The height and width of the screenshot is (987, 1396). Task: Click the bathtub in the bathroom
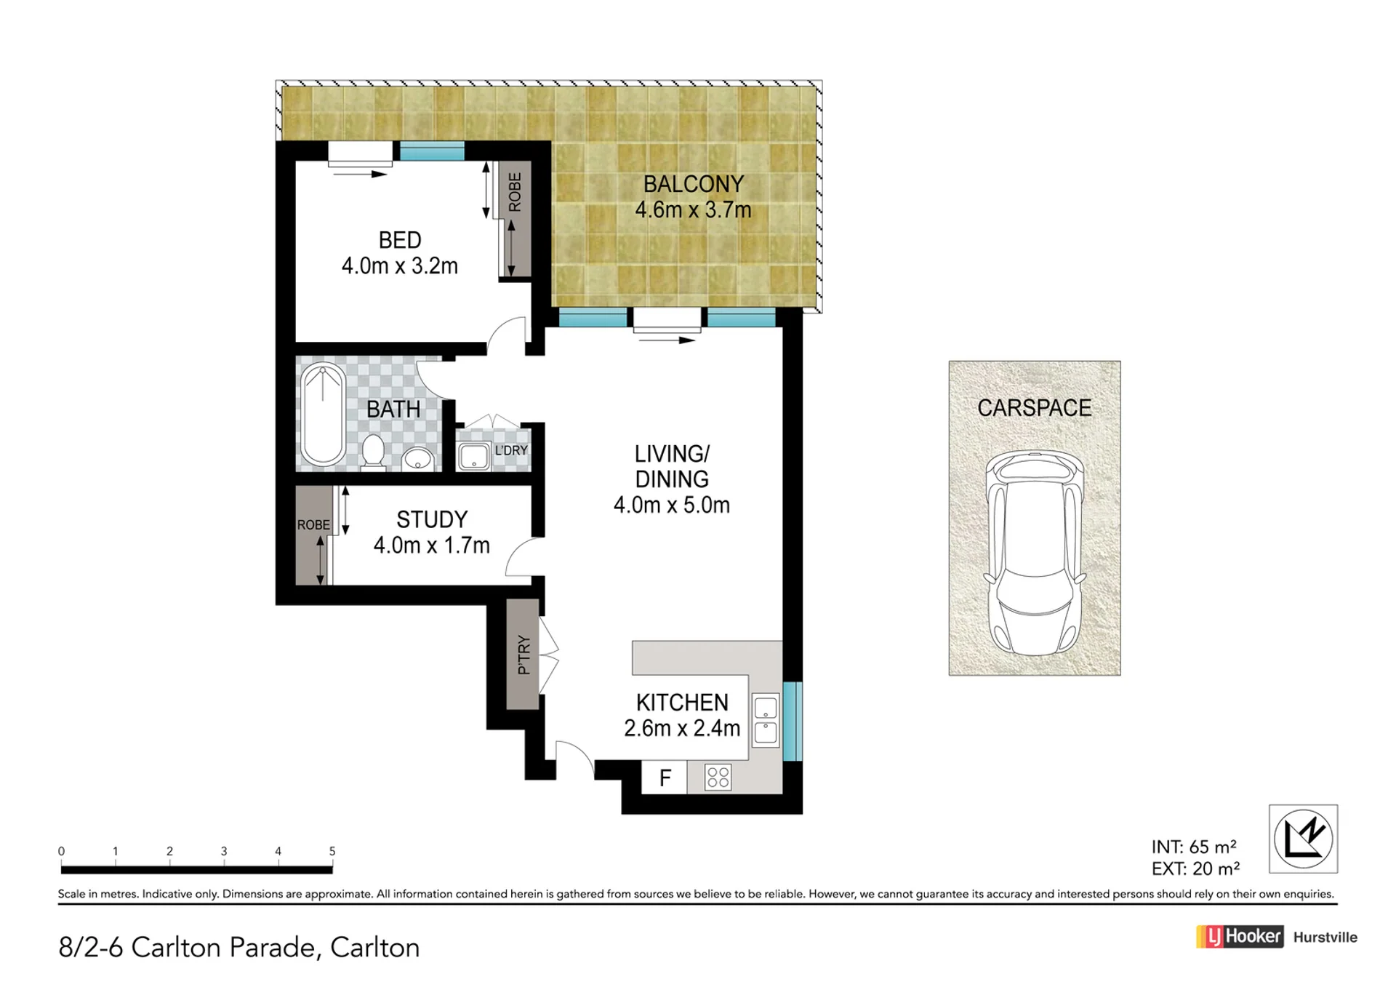(324, 415)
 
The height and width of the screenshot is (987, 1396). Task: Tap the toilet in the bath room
(374, 452)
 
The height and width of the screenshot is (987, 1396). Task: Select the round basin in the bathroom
(418, 459)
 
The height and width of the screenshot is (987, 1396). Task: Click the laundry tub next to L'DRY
(474, 456)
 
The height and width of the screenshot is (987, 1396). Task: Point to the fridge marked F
(665, 778)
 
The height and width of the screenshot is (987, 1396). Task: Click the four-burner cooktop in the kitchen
(718, 778)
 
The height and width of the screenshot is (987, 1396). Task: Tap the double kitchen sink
(766, 720)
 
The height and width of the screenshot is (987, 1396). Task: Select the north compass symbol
(1304, 839)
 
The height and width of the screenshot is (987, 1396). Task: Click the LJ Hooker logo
(1240, 937)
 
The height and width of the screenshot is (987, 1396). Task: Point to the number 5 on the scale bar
(332, 851)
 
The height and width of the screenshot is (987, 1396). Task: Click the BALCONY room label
(694, 184)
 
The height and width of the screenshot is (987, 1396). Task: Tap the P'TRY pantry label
(523, 655)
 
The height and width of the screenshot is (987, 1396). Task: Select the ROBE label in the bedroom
(515, 192)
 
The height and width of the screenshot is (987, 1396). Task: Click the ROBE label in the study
(313, 525)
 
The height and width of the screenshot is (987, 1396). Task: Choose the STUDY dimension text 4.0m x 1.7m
(432, 545)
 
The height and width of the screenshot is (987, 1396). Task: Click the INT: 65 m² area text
(1194, 847)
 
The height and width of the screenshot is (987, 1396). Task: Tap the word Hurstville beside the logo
(1325, 938)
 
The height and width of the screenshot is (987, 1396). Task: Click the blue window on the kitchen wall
(793, 721)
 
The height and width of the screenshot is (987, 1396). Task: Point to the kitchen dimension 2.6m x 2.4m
(682, 728)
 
